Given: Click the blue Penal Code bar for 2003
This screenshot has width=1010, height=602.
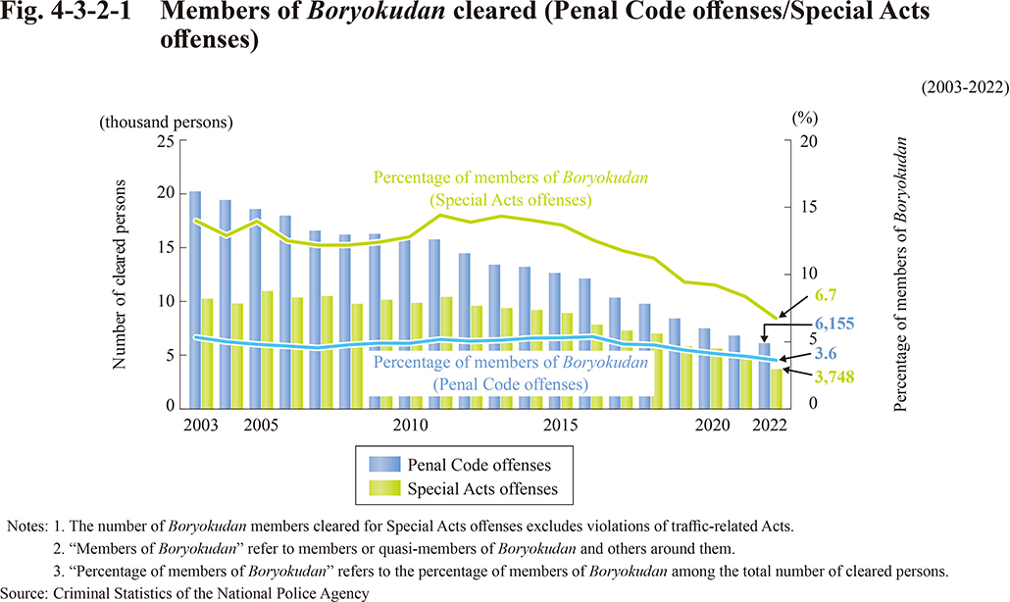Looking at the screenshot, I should pos(195,294).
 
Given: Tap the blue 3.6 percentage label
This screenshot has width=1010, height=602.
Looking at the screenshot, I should pos(826,354).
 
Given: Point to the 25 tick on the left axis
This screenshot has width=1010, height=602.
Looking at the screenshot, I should pos(167,141).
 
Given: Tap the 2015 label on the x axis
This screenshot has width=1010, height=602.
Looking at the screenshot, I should pos(559,426).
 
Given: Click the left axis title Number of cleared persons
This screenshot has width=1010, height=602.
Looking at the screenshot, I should pos(120,275).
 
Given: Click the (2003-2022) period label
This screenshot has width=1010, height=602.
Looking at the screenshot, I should pos(964,87).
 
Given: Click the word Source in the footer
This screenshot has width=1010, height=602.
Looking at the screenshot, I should pos(27,591).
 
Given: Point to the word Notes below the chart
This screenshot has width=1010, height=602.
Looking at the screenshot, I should pos(27,527).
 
